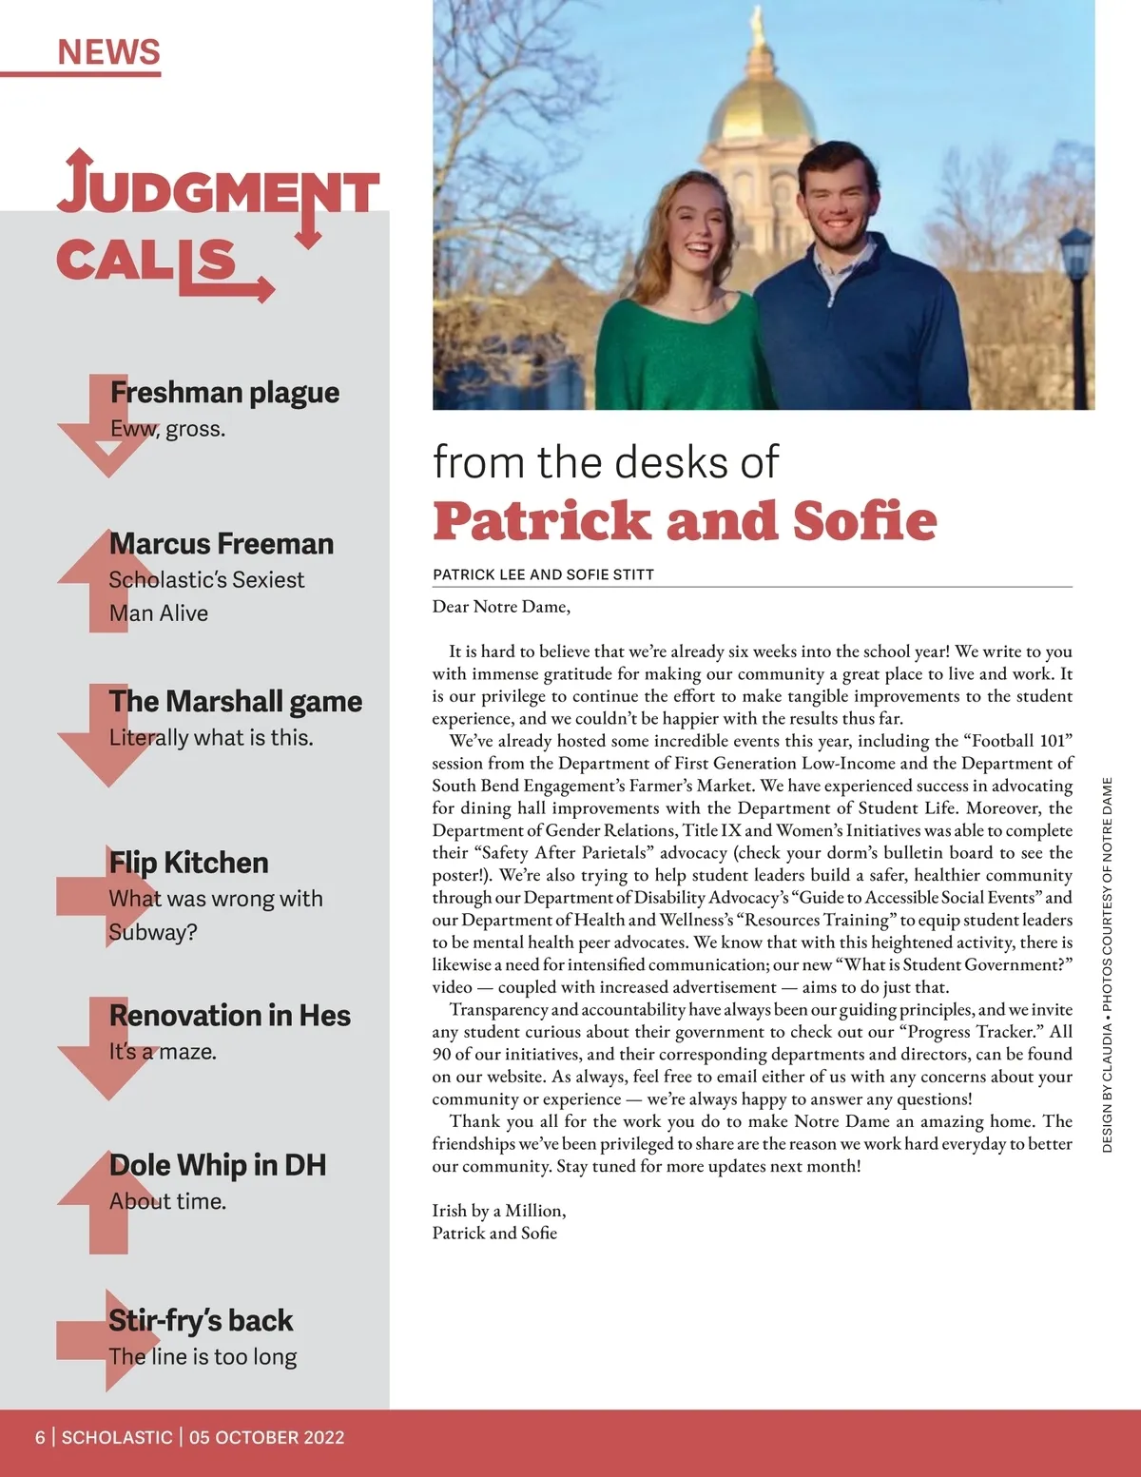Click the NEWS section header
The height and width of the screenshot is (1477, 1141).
pyautogui.click(x=108, y=51)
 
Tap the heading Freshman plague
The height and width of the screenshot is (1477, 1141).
pyautogui.click(x=224, y=392)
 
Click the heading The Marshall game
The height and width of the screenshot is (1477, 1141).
pyautogui.click(x=235, y=702)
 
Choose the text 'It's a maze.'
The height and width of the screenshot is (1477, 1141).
pyautogui.click(x=163, y=1052)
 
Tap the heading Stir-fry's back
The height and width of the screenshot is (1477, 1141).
pyautogui.click(x=201, y=1321)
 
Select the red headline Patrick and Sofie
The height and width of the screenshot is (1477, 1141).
pyautogui.click(x=685, y=521)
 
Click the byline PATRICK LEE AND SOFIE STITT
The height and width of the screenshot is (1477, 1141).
pyautogui.click(x=543, y=574)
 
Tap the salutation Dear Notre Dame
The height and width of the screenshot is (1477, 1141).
pyautogui.click(x=501, y=607)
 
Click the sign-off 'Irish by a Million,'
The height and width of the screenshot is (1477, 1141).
pyautogui.click(x=498, y=1211)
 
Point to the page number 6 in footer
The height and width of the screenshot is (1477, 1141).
pyautogui.click(x=40, y=1437)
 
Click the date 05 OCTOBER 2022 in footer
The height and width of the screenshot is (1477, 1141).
pyautogui.click(x=266, y=1437)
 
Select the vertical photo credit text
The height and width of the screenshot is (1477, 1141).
pyautogui.click(x=1107, y=964)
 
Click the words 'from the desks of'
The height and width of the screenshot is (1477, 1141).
pyautogui.click(x=606, y=463)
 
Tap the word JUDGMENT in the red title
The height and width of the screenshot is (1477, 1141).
pyautogui.click(x=219, y=190)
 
